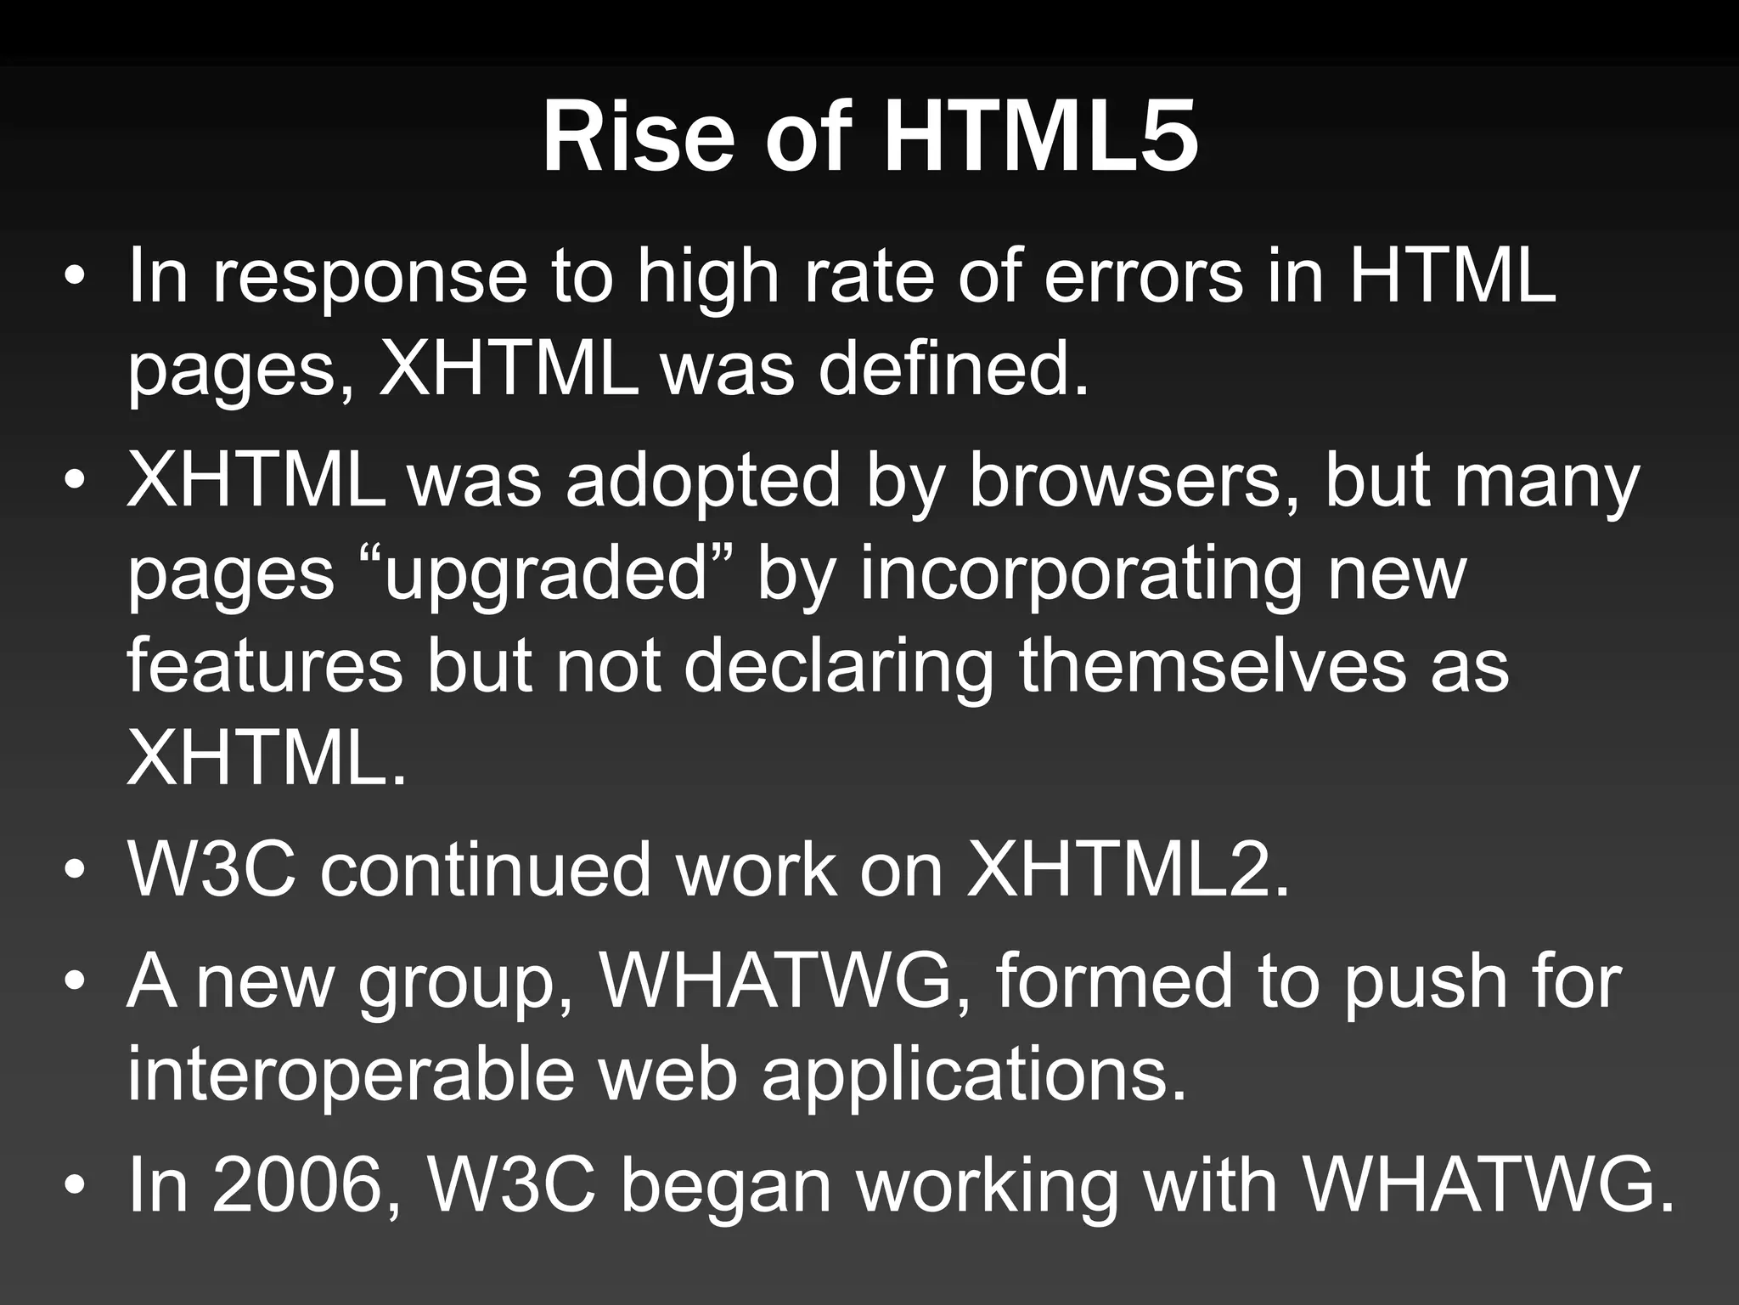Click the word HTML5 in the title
(x=1041, y=138)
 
